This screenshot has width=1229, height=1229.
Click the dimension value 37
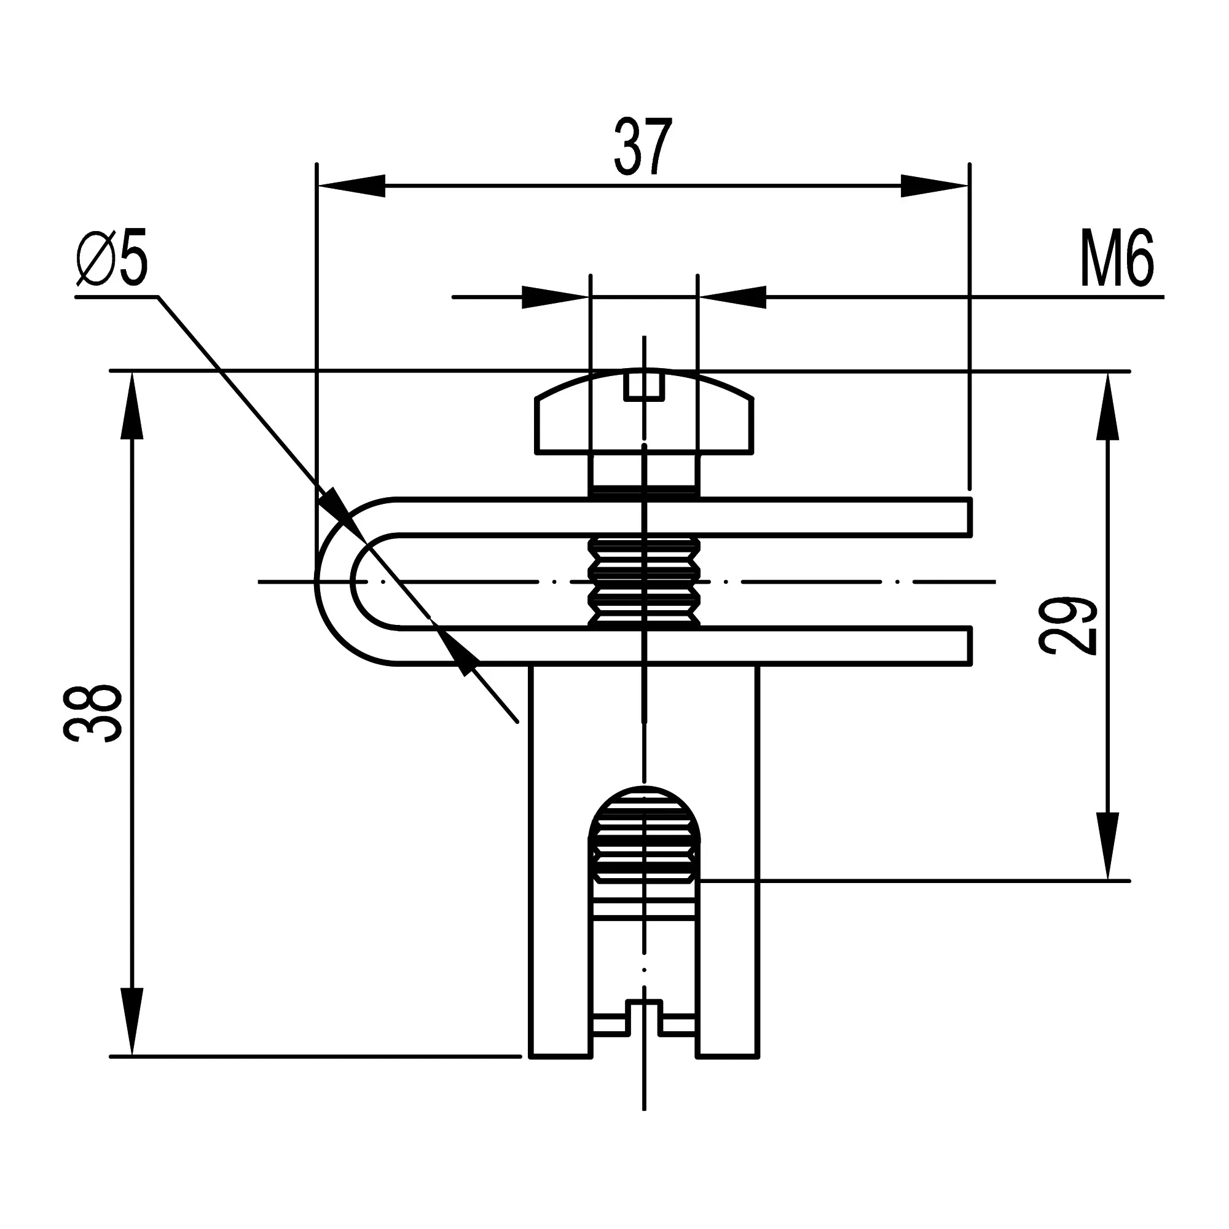(643, 147)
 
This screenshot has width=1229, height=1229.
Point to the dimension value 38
(93, 713)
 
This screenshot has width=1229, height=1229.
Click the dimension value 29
(1068, 627)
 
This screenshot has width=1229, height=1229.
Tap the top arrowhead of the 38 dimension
(132, 406)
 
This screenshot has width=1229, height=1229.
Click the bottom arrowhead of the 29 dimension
(1107, 846)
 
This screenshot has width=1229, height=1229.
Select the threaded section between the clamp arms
(644, 581)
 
